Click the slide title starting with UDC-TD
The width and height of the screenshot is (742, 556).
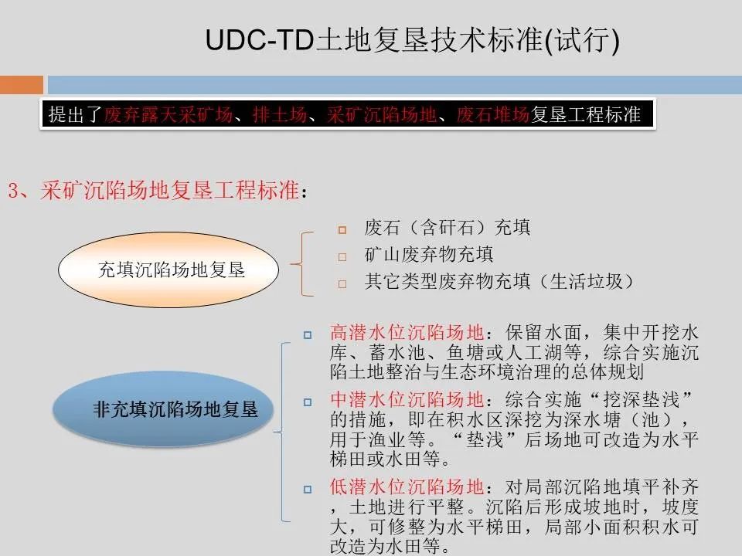tap(413, 41)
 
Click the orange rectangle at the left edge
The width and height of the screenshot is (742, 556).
tap(22, 84)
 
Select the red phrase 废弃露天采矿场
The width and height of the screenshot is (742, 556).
tap(168, 115)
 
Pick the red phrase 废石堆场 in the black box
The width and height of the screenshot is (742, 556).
tap(492, 115)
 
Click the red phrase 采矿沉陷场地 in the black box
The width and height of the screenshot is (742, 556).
tap(382, 115)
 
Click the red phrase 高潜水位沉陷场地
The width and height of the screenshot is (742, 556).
tap(407, 333)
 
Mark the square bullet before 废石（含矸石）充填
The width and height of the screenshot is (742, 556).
tap(342, 229)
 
